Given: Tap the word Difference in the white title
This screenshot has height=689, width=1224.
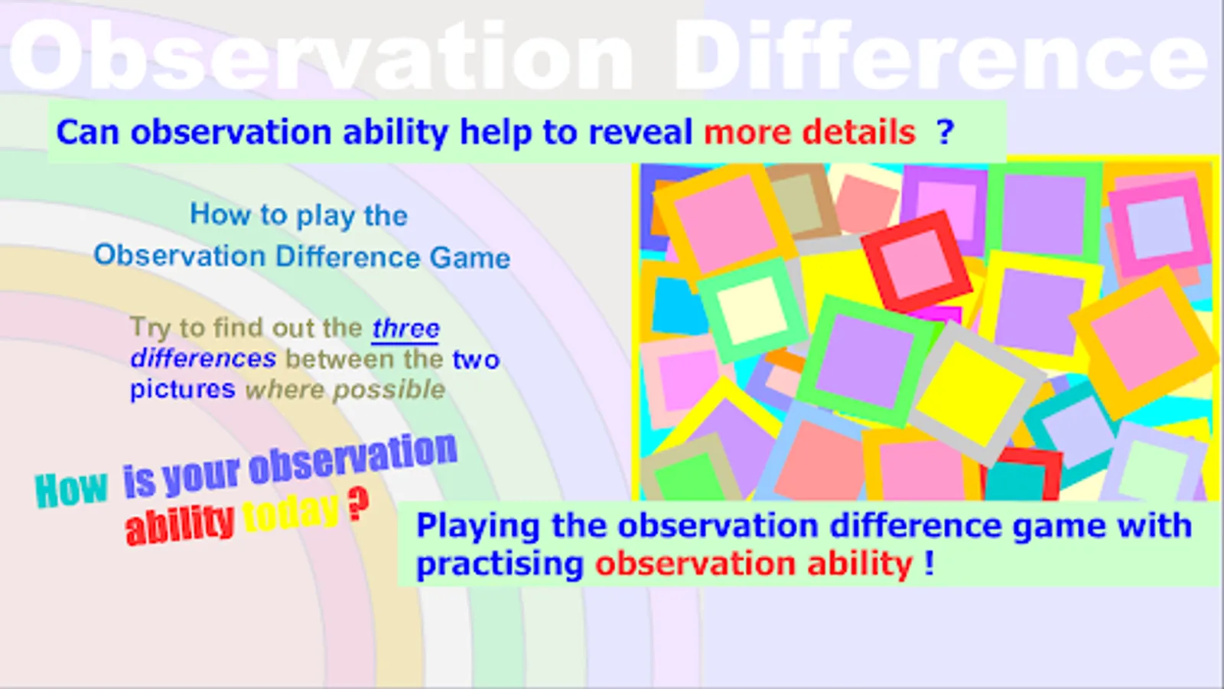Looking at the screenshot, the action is (941, 56).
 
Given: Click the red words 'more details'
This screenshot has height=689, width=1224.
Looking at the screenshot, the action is (809, 132).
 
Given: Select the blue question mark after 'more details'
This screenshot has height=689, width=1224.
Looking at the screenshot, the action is (946, 132).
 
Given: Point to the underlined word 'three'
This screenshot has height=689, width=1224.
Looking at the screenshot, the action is (405, 328).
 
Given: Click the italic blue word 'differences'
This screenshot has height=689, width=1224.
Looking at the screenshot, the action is (203, 359).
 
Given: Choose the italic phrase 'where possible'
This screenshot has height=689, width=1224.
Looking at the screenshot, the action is (345, 390).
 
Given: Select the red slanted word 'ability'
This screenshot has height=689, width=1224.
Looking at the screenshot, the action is (180, 525).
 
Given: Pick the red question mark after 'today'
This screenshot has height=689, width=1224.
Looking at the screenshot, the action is (359, 505).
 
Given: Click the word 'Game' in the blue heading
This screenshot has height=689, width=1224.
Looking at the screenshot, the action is (470, 258).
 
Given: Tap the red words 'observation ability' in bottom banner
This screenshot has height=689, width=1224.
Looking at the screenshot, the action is (754, 563).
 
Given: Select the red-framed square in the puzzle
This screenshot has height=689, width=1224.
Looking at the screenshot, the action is (917, 261).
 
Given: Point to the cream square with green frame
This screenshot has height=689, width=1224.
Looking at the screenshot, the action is (753, 311).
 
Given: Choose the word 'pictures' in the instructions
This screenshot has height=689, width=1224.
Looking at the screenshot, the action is (183, 390).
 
